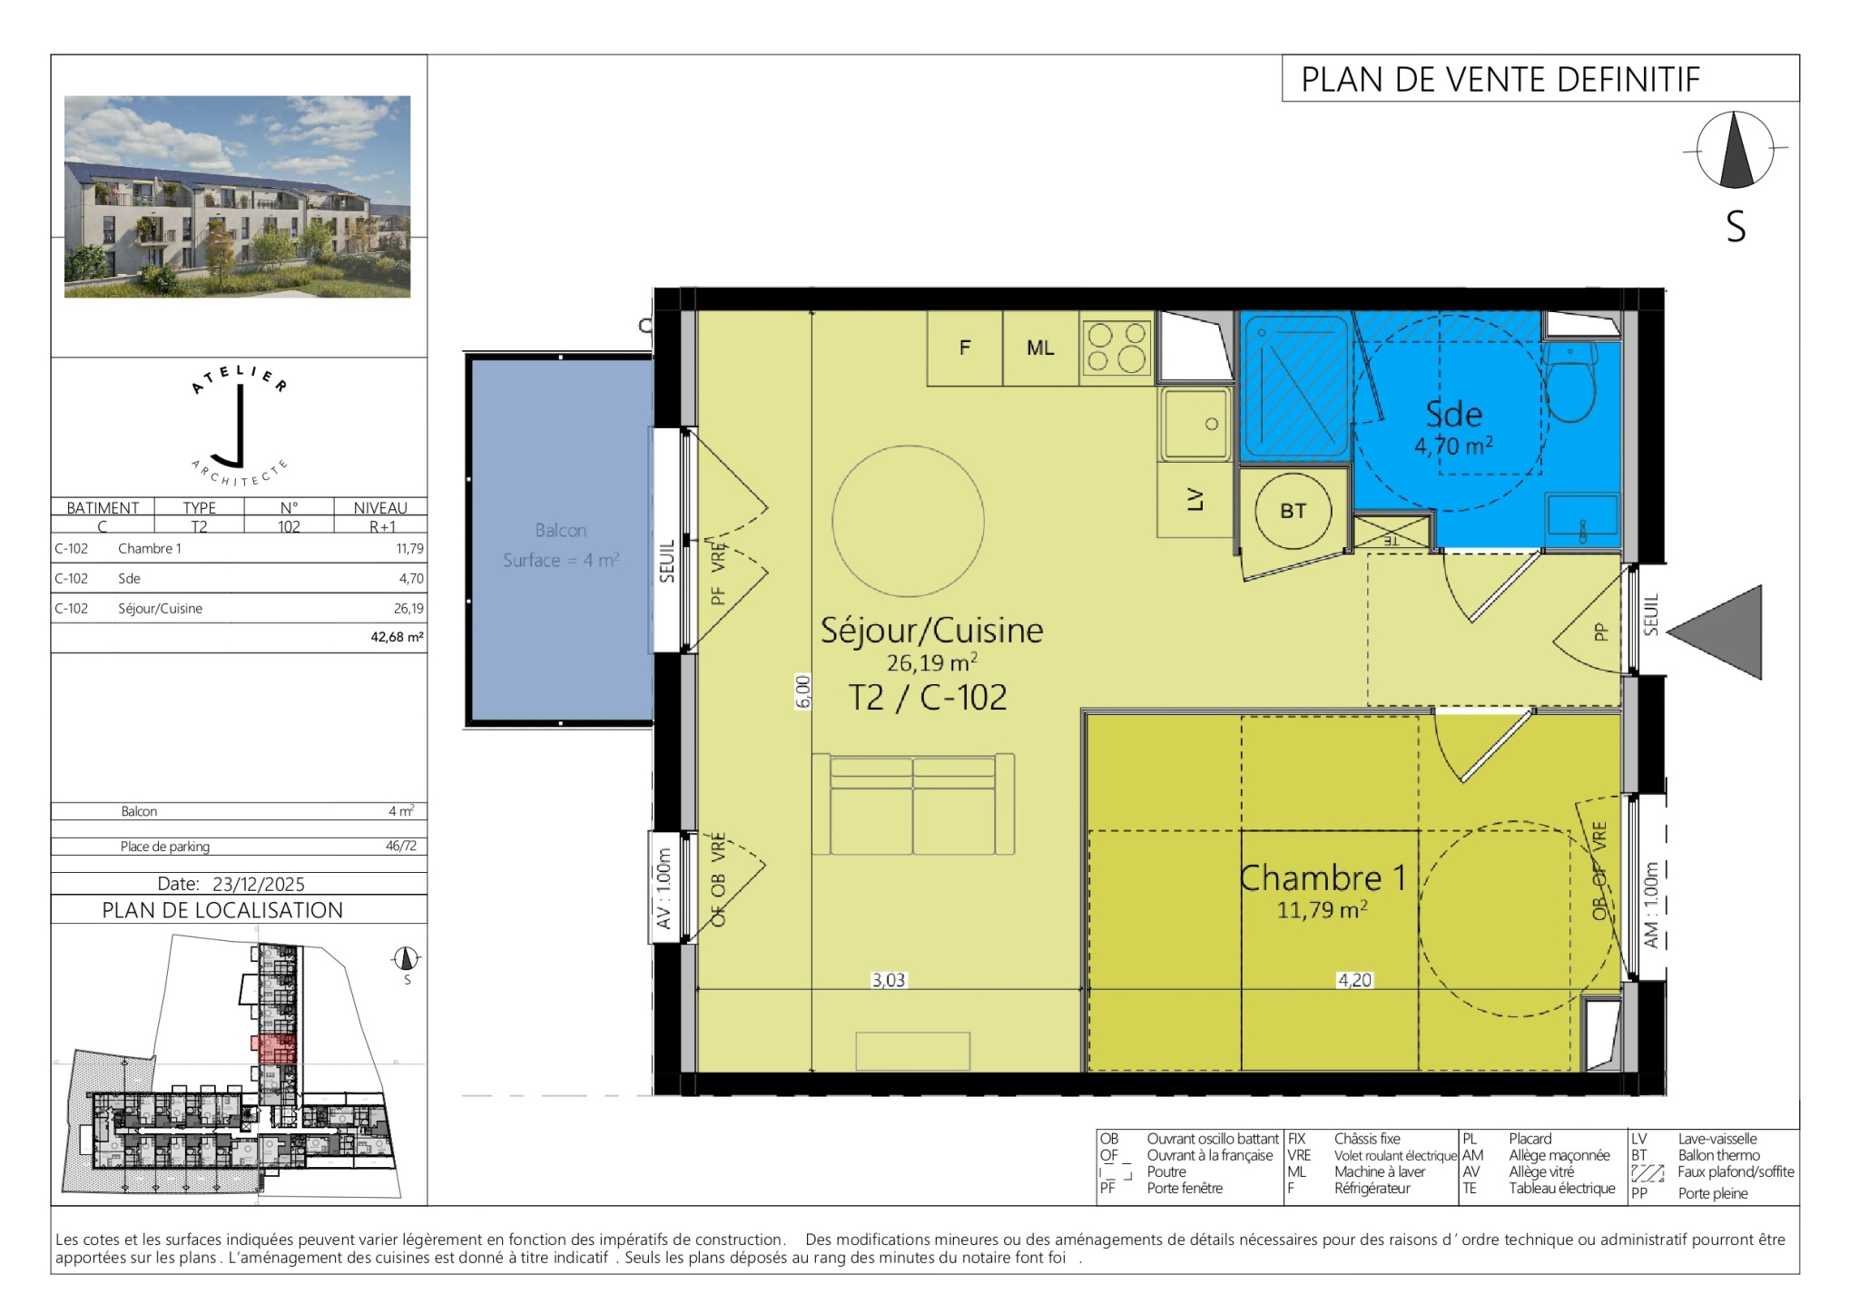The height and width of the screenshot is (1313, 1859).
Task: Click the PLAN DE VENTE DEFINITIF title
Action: (x=1500, y=80)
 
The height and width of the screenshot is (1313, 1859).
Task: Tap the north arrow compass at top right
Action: (x=1735, y=150)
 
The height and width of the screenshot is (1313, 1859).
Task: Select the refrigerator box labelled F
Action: (x=965, y=348)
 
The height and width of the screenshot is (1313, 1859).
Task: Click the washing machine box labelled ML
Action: (x=1041, y=348)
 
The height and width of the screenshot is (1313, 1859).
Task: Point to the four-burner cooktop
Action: (x=1116, y=348)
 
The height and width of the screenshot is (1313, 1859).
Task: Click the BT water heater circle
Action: (x=1293, y=511)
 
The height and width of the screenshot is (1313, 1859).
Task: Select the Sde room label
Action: (x=1454, y=415)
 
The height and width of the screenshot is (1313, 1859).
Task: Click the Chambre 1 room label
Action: (x=1323, y=878)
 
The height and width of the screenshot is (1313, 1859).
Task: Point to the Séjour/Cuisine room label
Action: (x=932, y=631)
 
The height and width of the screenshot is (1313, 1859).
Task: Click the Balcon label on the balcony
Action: (x=561, y=531)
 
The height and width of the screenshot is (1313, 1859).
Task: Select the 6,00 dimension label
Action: (x=802, y=691)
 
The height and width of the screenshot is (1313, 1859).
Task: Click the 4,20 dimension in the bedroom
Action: (x=1354, y=980)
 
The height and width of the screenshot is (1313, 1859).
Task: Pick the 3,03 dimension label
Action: (x=889, y=980)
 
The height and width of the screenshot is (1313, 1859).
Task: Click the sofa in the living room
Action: (x=913, y=804)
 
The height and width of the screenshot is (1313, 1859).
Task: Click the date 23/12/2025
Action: (x=259, y=884)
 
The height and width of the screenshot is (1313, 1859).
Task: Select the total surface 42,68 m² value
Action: (x=397, y=637)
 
